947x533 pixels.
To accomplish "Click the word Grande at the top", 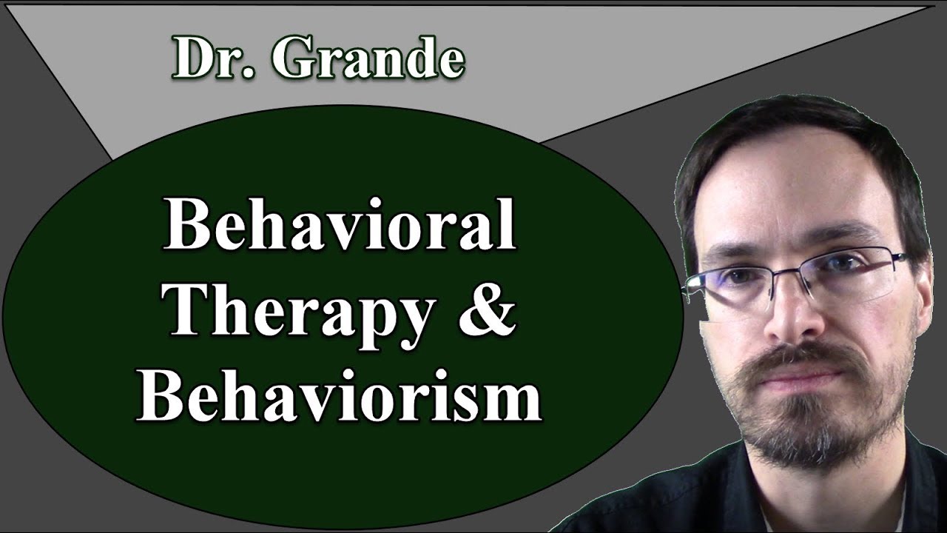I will (x=367, y=59).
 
